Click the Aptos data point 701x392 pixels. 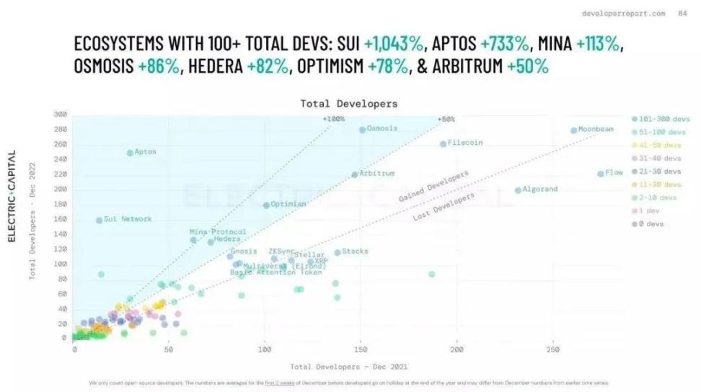[130, 153]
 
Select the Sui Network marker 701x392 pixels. [99, 220]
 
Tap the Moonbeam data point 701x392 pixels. [573, 130]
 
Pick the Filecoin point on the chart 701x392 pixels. [443, 144]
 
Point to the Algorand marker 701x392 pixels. [518, 190]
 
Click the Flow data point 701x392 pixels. [600, 174]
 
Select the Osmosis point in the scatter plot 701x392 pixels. [362, 130]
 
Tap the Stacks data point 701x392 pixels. [337, 252]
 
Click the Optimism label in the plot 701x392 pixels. [288, 205]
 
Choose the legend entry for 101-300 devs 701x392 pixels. [660, 120]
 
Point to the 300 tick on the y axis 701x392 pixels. [61, 115]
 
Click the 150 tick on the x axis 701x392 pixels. [361, 349]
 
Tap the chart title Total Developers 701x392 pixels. [348, 104]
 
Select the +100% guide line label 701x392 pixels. [334, 119]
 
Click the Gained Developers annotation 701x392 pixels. [433, 186]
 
